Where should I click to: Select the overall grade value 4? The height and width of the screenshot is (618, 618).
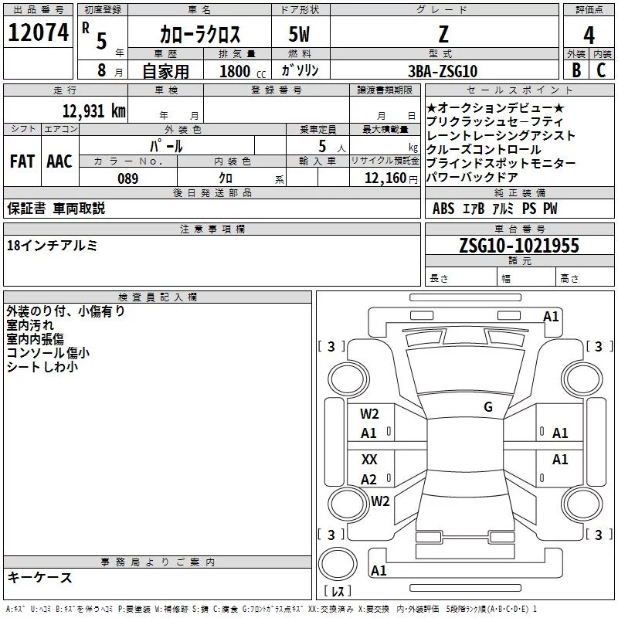(589, 35)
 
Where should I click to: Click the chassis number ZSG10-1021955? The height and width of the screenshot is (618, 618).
(518, 246)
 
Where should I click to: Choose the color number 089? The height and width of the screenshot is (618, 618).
(127, 178)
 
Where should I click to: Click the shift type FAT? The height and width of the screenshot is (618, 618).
(22, 161)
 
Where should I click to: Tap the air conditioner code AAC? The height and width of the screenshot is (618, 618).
(59, 161)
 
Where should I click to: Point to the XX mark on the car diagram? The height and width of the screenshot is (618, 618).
(369, 459)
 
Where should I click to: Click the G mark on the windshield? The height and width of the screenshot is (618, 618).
(487, 407)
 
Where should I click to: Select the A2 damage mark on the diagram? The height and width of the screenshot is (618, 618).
(369, 479)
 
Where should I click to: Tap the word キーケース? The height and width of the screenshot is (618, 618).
(39, 577)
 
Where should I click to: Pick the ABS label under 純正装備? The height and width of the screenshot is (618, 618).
(443, 209)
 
